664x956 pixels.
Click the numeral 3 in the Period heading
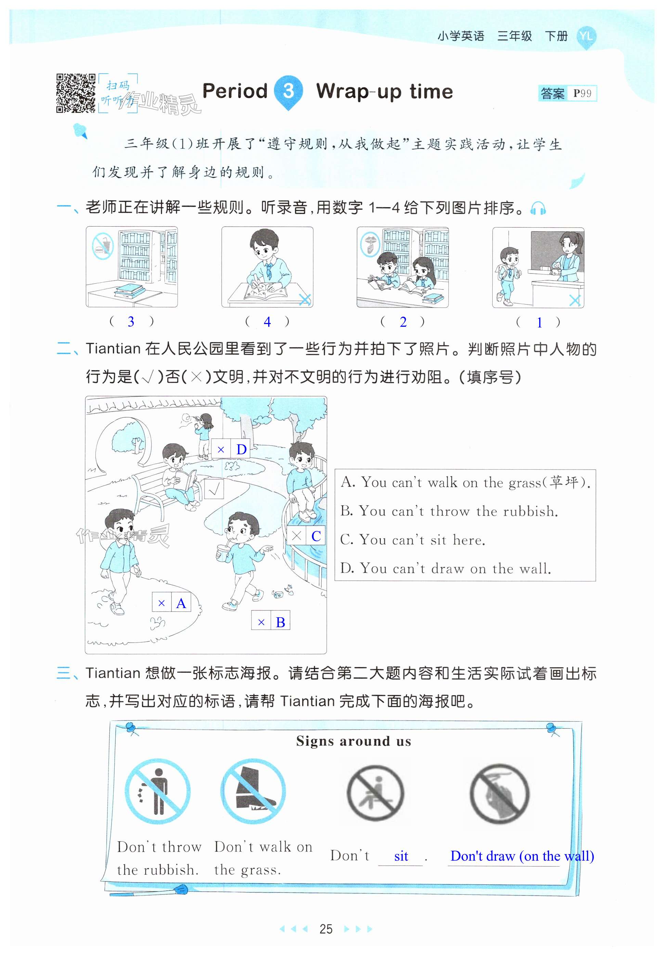(x=288, y=91)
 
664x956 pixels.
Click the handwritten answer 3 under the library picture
(x=131, y=321)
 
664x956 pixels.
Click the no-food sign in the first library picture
(x=102, y=246)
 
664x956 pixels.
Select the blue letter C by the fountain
(x=316, y=536)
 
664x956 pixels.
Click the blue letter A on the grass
(x=181, y=603)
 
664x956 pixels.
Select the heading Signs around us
(x=354, y=741)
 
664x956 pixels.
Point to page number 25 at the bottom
(x=326, y=929)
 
